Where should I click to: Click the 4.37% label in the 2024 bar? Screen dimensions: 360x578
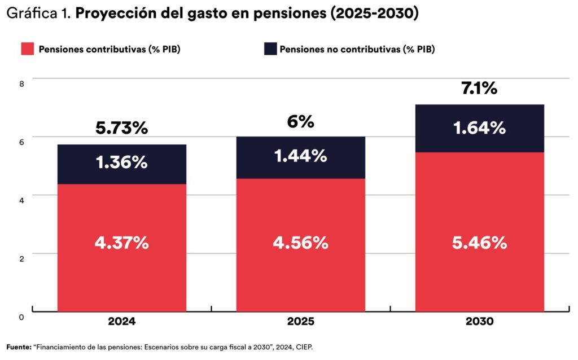click(x=122, y=243)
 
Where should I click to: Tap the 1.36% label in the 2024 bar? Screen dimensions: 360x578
click(x=122, y=163)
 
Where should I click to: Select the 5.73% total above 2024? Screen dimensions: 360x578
click(x=121, y=128)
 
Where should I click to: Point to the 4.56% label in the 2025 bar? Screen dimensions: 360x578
click(x=301, y=243)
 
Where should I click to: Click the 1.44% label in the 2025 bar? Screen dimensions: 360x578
click(x=301, y=156)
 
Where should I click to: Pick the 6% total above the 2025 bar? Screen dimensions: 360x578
click(x=300, y=121)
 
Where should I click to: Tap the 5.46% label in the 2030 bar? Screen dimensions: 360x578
click(x=480, y=243)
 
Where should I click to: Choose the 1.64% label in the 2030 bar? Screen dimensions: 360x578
click(x=480, y=128)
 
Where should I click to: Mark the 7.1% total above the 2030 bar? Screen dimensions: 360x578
click(x=479, y=88)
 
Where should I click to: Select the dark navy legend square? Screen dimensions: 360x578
click(x=270, y=49)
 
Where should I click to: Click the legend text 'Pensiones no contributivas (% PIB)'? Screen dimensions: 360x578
click(x=357, y=49)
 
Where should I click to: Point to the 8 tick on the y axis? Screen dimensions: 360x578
click(x=22, y=84)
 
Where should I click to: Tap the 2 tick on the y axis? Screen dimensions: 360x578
click(x=22, y=258)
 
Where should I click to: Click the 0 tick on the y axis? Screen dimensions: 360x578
click(x=22, y=317)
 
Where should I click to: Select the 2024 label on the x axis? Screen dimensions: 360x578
click(x=122, y=322)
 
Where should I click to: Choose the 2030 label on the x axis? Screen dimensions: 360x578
click(x=480, y=322)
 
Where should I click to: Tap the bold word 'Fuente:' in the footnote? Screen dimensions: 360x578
click(x=19, y=347)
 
